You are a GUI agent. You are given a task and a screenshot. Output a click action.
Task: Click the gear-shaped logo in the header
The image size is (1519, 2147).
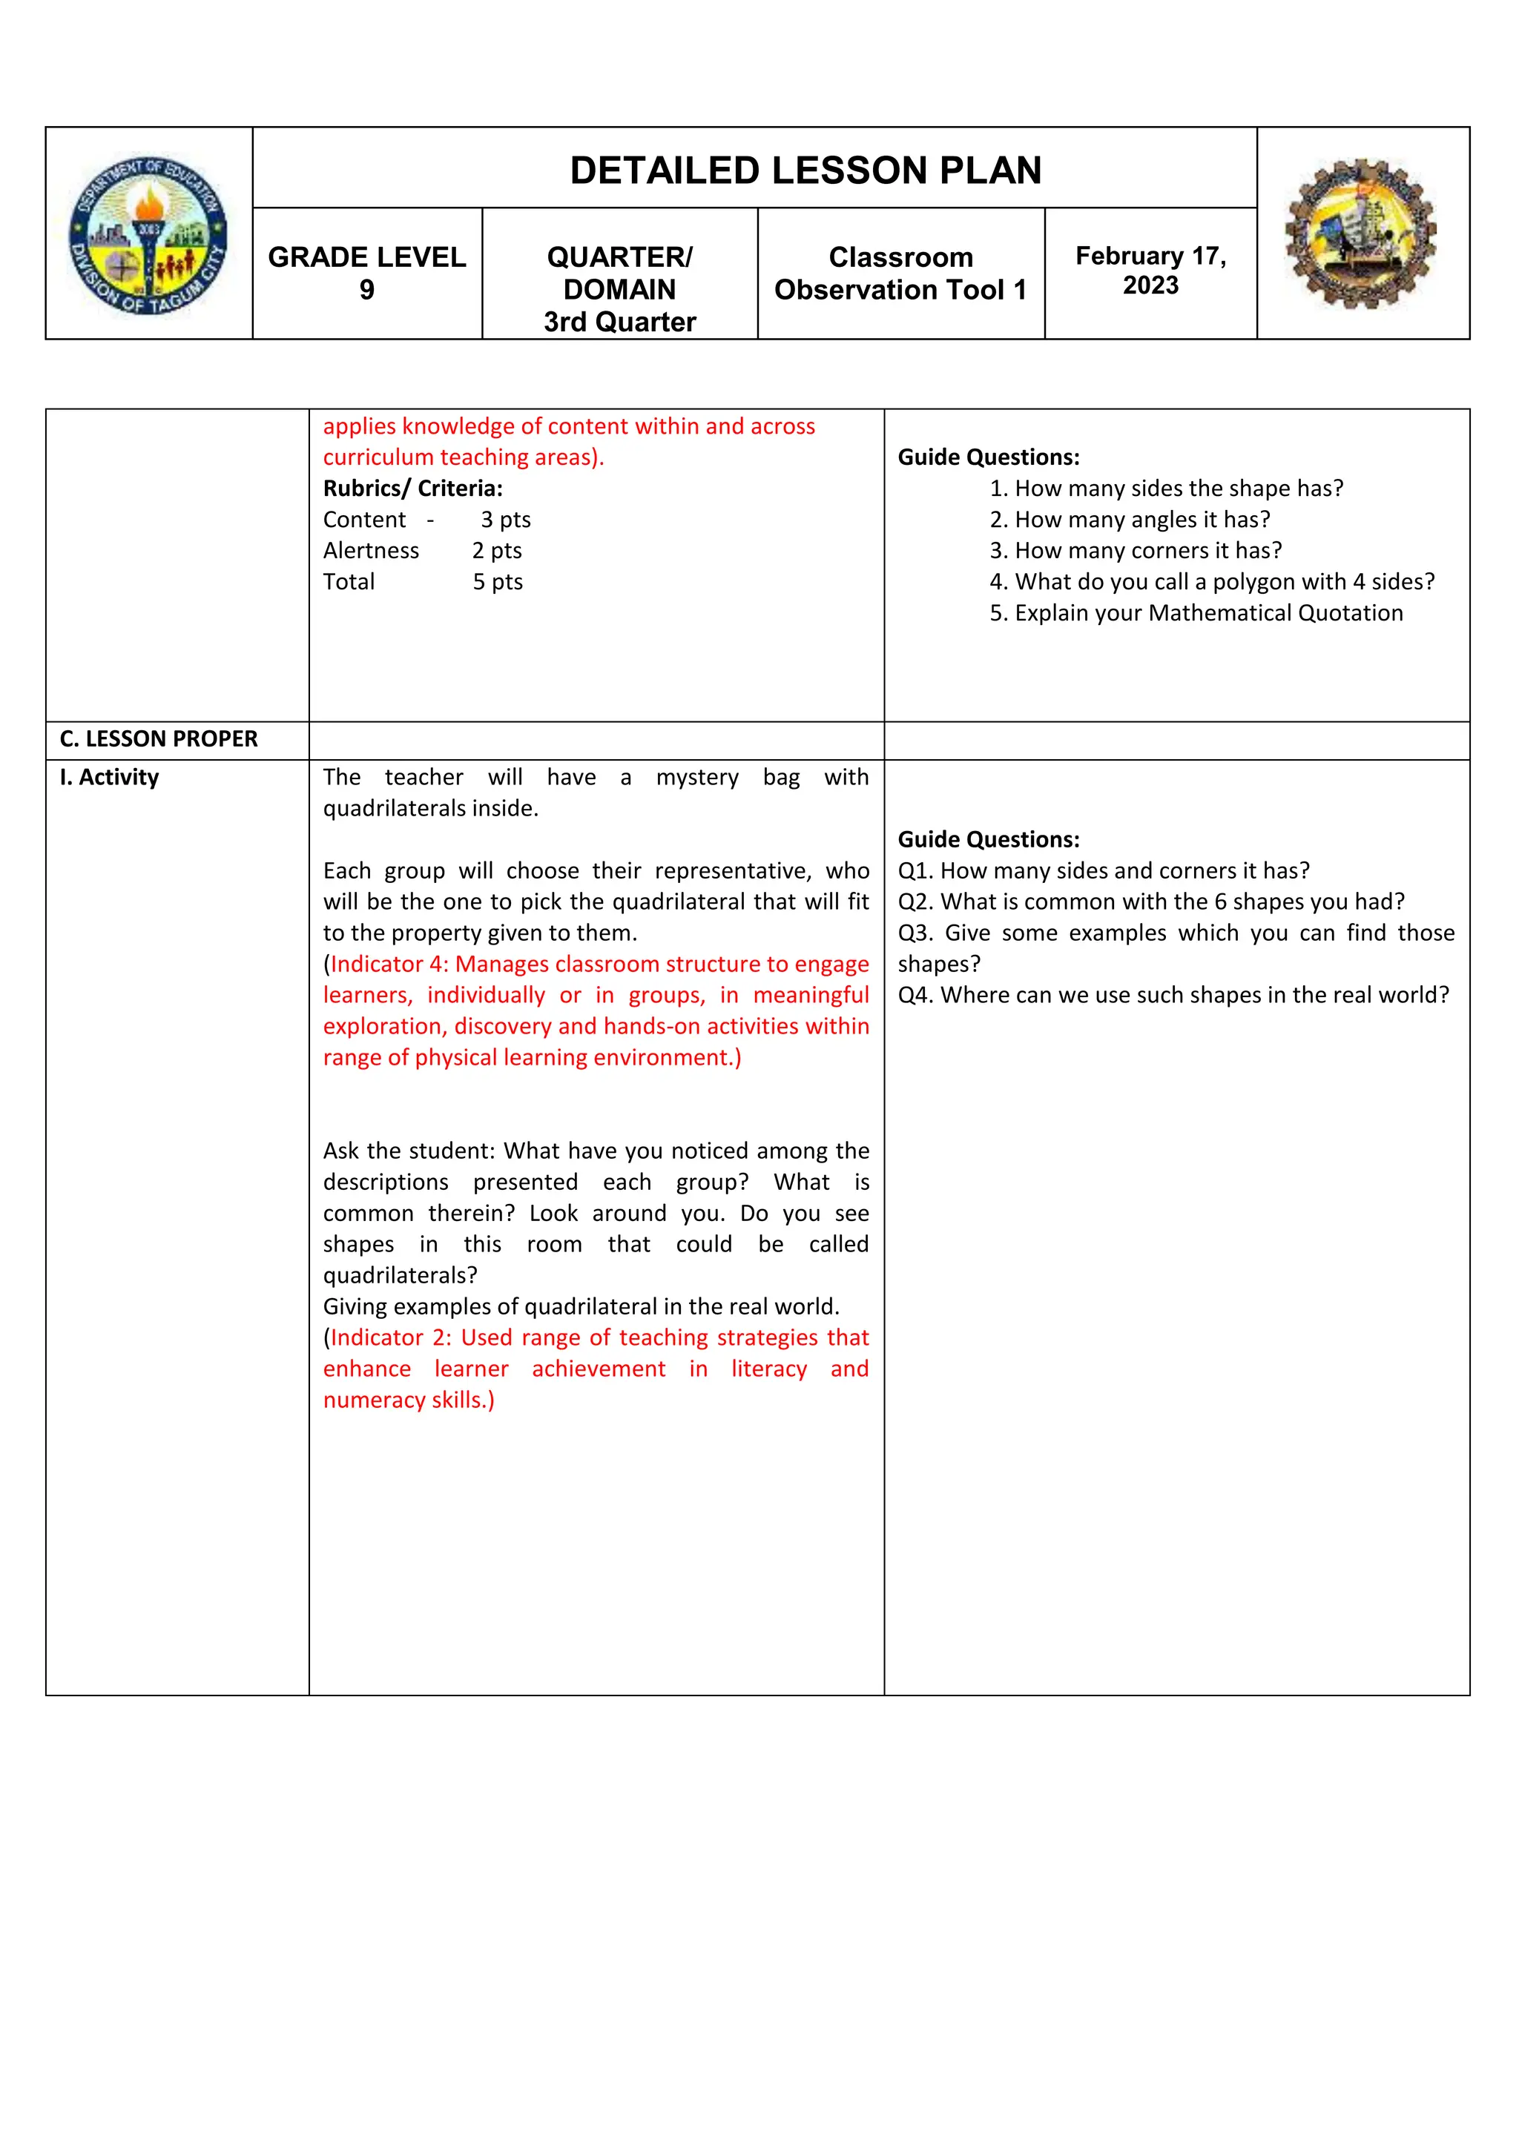[x=1361, y=234]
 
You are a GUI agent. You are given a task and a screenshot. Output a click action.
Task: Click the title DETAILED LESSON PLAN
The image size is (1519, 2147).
[x=805, y=171]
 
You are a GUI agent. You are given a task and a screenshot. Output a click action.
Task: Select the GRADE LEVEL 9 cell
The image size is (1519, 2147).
[x=366, y=273]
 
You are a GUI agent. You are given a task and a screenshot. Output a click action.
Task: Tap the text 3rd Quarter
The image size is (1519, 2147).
[x=619, y=322]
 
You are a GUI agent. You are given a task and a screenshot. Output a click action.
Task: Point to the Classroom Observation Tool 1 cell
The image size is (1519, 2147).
[x=900, y=273]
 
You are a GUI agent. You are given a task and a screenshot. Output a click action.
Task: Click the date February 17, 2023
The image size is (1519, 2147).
[x=1150, y=271]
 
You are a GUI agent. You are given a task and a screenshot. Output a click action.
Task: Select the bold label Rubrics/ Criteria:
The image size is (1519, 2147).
[x=412, y=488]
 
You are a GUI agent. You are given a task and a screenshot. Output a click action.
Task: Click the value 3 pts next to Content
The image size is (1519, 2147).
[x=505, y=520]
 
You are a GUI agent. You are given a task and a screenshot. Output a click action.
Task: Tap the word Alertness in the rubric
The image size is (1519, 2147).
[x=372, y=551]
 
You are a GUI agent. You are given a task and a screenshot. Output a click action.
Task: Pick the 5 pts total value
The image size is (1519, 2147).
[x=497, y=582]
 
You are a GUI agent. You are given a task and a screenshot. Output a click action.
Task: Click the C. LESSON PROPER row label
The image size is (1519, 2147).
[x=158, y=738]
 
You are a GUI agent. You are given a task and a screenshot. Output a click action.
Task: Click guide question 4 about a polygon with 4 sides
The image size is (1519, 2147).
[x=1211, y=582]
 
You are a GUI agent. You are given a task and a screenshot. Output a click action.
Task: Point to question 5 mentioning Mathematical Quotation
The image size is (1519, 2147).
[x=1196, y=613]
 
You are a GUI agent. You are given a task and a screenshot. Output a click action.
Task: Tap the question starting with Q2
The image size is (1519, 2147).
[x=1150, y=902]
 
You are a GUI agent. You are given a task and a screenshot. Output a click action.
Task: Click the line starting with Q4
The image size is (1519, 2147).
[x=1173, y=995]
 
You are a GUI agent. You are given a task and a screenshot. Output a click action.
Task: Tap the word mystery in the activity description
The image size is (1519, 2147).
[x=697, y=777]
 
